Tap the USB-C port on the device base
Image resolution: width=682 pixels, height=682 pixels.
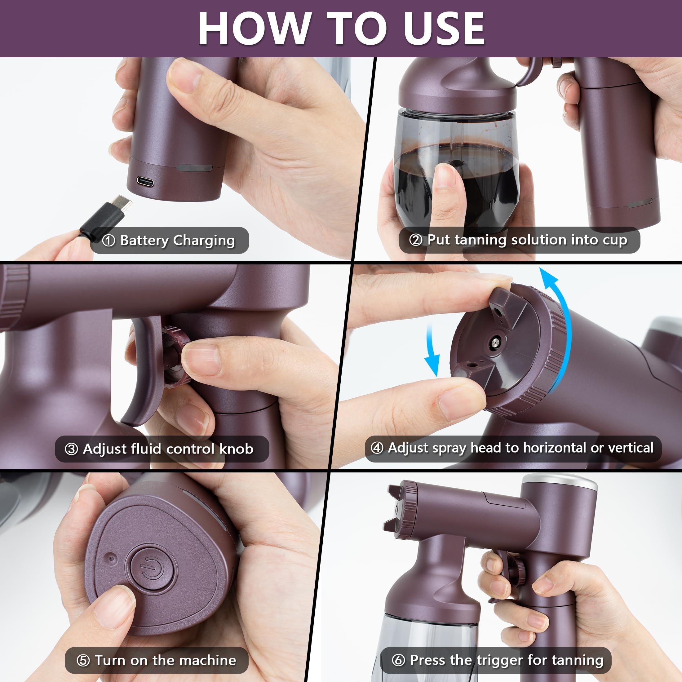point(145,182)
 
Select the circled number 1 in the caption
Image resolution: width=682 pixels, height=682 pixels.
point(109,241)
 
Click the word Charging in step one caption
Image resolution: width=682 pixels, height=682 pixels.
point(204,241)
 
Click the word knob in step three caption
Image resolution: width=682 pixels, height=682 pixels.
point(236,449)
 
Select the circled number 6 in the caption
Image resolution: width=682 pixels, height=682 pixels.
point(398,660)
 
